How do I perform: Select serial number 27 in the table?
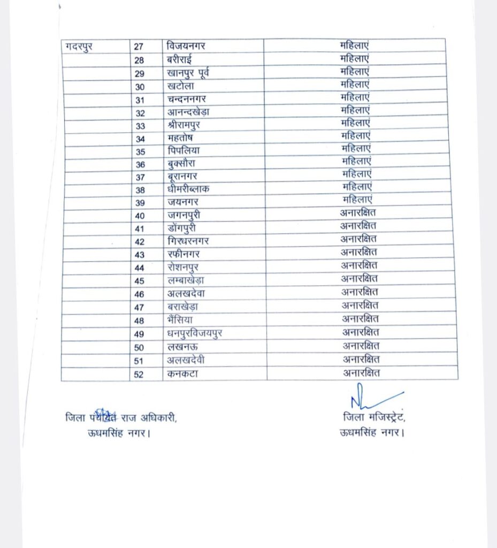(139, 47)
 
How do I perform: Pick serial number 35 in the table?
(140, 151)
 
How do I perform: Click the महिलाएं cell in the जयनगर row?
(357, 200)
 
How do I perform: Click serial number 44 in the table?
(140, 267)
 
